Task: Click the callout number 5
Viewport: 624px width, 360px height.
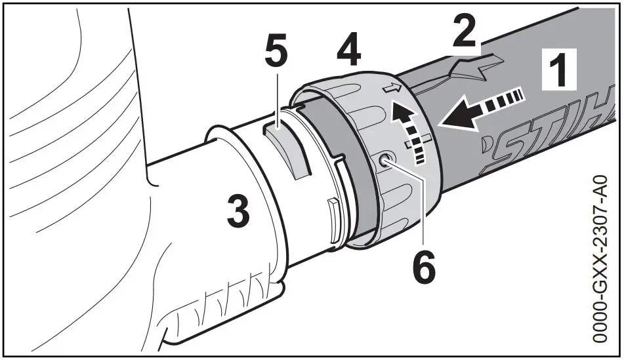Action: (276, 54)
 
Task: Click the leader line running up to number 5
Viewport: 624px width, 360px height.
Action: (278, 98)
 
